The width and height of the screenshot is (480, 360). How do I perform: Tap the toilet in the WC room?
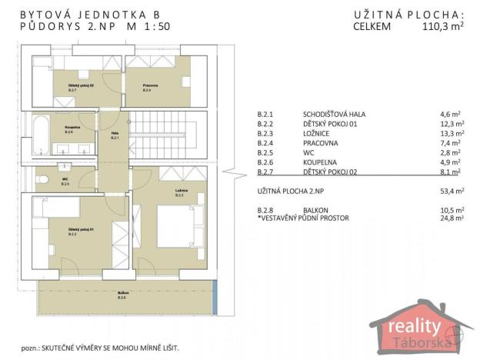pos(43,182)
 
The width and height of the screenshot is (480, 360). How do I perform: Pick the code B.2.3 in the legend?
pos(265,132)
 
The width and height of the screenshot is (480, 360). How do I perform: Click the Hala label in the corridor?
pos(114,135)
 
